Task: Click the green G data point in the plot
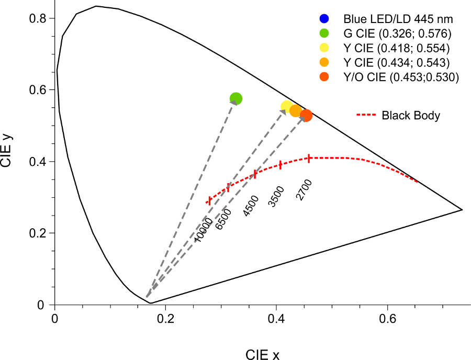click(236, 98)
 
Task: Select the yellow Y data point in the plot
click(287, 106)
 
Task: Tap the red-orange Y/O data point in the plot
click(306, 115)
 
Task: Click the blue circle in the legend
click(324, 19)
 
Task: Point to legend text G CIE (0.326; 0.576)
click(397, 33)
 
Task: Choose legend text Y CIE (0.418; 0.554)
click(397, 48)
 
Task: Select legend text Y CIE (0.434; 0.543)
click(397, 62)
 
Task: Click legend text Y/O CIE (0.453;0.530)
click(401, 77)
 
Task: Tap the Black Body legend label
click(411, 115)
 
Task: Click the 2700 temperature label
click(304, 190)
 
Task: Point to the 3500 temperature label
click(276, 197)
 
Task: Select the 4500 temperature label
click(251, 206)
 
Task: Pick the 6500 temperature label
click(224, 219)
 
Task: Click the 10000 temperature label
click(203, 230)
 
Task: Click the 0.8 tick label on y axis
click(38, 19)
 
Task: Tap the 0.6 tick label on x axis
click(387, 319)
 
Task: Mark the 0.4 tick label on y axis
click(38, 162)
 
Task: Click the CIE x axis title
click(262, 355)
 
